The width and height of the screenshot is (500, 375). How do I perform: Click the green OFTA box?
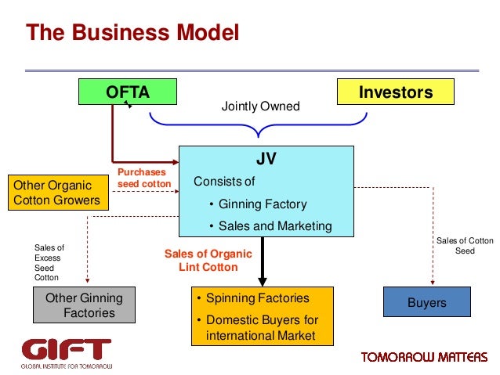point(128,92)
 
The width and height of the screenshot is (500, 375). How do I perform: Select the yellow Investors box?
point(395,92)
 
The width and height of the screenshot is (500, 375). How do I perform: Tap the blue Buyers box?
point(426,302)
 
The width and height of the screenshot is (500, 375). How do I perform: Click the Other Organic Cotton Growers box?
point(56,193)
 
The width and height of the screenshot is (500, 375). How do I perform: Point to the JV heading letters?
point(266,159)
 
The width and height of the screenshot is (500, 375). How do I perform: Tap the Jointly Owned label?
point(261,106)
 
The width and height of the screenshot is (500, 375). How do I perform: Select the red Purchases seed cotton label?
point(143,178)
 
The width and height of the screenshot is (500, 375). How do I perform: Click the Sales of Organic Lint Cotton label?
point(208,260)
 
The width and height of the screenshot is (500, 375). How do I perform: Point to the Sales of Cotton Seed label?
point(465,246)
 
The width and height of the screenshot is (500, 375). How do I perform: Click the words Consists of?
point(224,182)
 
